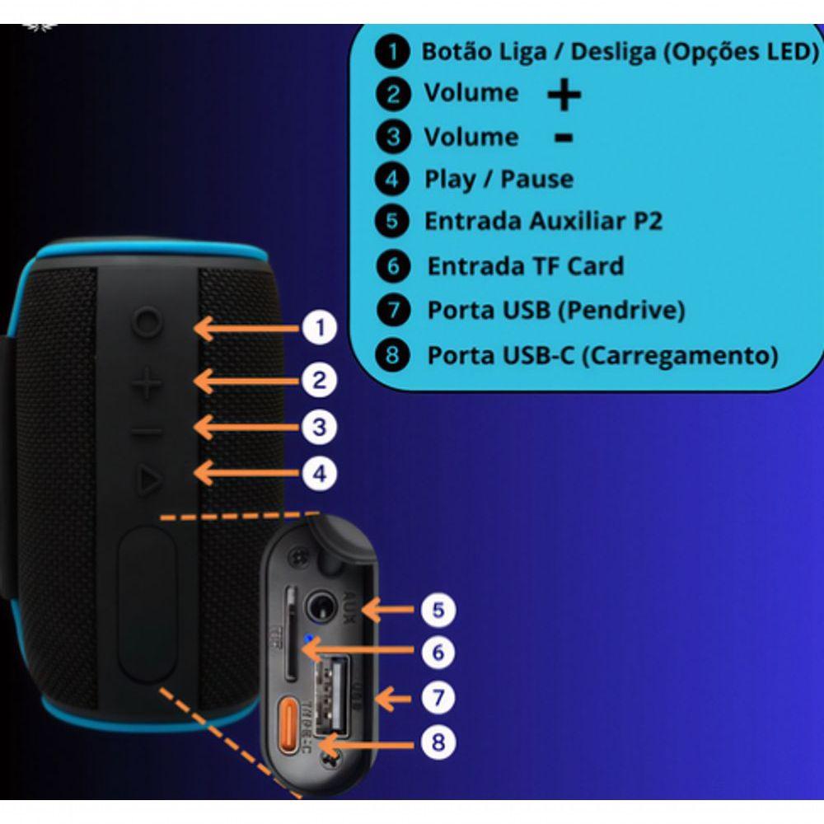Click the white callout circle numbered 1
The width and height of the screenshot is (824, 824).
(x=320, y=329)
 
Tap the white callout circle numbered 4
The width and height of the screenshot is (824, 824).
(x=320, y=473)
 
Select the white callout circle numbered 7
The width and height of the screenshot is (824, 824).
(x=438, y=698)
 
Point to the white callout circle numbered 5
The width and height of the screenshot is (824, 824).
(x=438, y=610)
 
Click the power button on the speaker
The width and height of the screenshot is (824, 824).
(x=145, y=321)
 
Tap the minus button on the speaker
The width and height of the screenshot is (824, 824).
(x=146, y=430)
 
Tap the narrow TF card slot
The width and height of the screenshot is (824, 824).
(x=291, y=634)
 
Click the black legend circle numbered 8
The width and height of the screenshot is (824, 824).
(x=393, y=355)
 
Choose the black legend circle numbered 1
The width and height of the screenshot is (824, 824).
(x=391, y=52)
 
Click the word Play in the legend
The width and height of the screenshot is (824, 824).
(x=449, y=179)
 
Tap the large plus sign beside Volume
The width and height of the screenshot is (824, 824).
(x=564, y=95)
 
